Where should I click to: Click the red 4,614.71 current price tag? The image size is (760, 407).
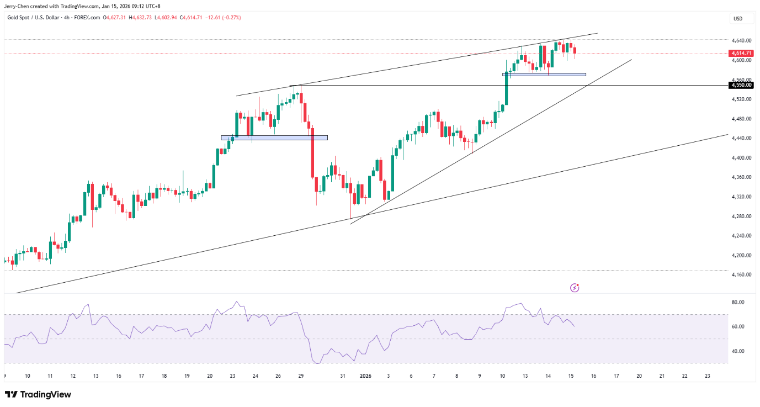click(x=741, y=53)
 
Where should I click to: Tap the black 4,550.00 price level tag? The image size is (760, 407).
click(x=741, y=86)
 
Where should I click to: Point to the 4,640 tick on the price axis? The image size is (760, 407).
click(x=740, y=40)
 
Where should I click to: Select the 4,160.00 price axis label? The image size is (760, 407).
click(x=740, y=274)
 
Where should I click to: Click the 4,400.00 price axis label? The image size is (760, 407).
click(x=740, y=157)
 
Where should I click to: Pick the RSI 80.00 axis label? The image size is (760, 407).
click(x=738, y=302)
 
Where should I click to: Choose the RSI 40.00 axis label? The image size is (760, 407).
click(x=738, y=351)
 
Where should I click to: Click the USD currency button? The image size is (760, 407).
click(x=737, y=19)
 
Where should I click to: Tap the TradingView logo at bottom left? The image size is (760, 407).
click(x=38, y=394)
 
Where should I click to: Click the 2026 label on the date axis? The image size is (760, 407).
click(x=366, y=376)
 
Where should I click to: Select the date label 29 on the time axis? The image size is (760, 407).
click(x=301, y=376)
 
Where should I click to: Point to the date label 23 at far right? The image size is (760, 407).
click(x=708, y=376)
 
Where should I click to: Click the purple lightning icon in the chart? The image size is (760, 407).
click(x=575, y=288)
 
